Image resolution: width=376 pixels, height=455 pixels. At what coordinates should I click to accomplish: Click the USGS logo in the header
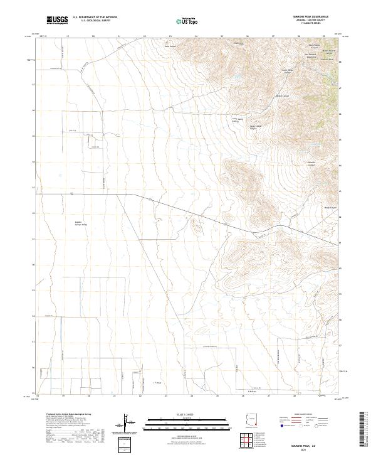(x=58, y=19)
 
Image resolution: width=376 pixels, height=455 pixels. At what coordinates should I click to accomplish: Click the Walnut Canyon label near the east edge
(x=330, y=208)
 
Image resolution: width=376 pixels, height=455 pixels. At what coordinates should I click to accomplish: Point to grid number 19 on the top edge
(x=68, y=36)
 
